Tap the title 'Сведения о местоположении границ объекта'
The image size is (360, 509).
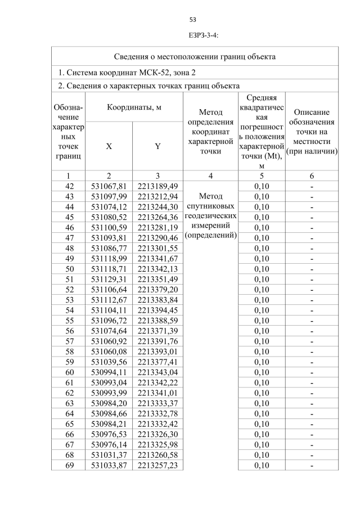(195, 57)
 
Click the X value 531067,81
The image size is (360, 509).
(109, 186)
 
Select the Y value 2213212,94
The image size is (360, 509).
(157, 196)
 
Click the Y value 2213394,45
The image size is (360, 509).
(157, 310)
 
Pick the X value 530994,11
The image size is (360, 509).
(109, 372)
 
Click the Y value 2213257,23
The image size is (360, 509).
(157, 465)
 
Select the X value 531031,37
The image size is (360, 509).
(109, 454)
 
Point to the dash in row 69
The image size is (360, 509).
(312, 465)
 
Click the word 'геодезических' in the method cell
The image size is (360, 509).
(210, 216)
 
